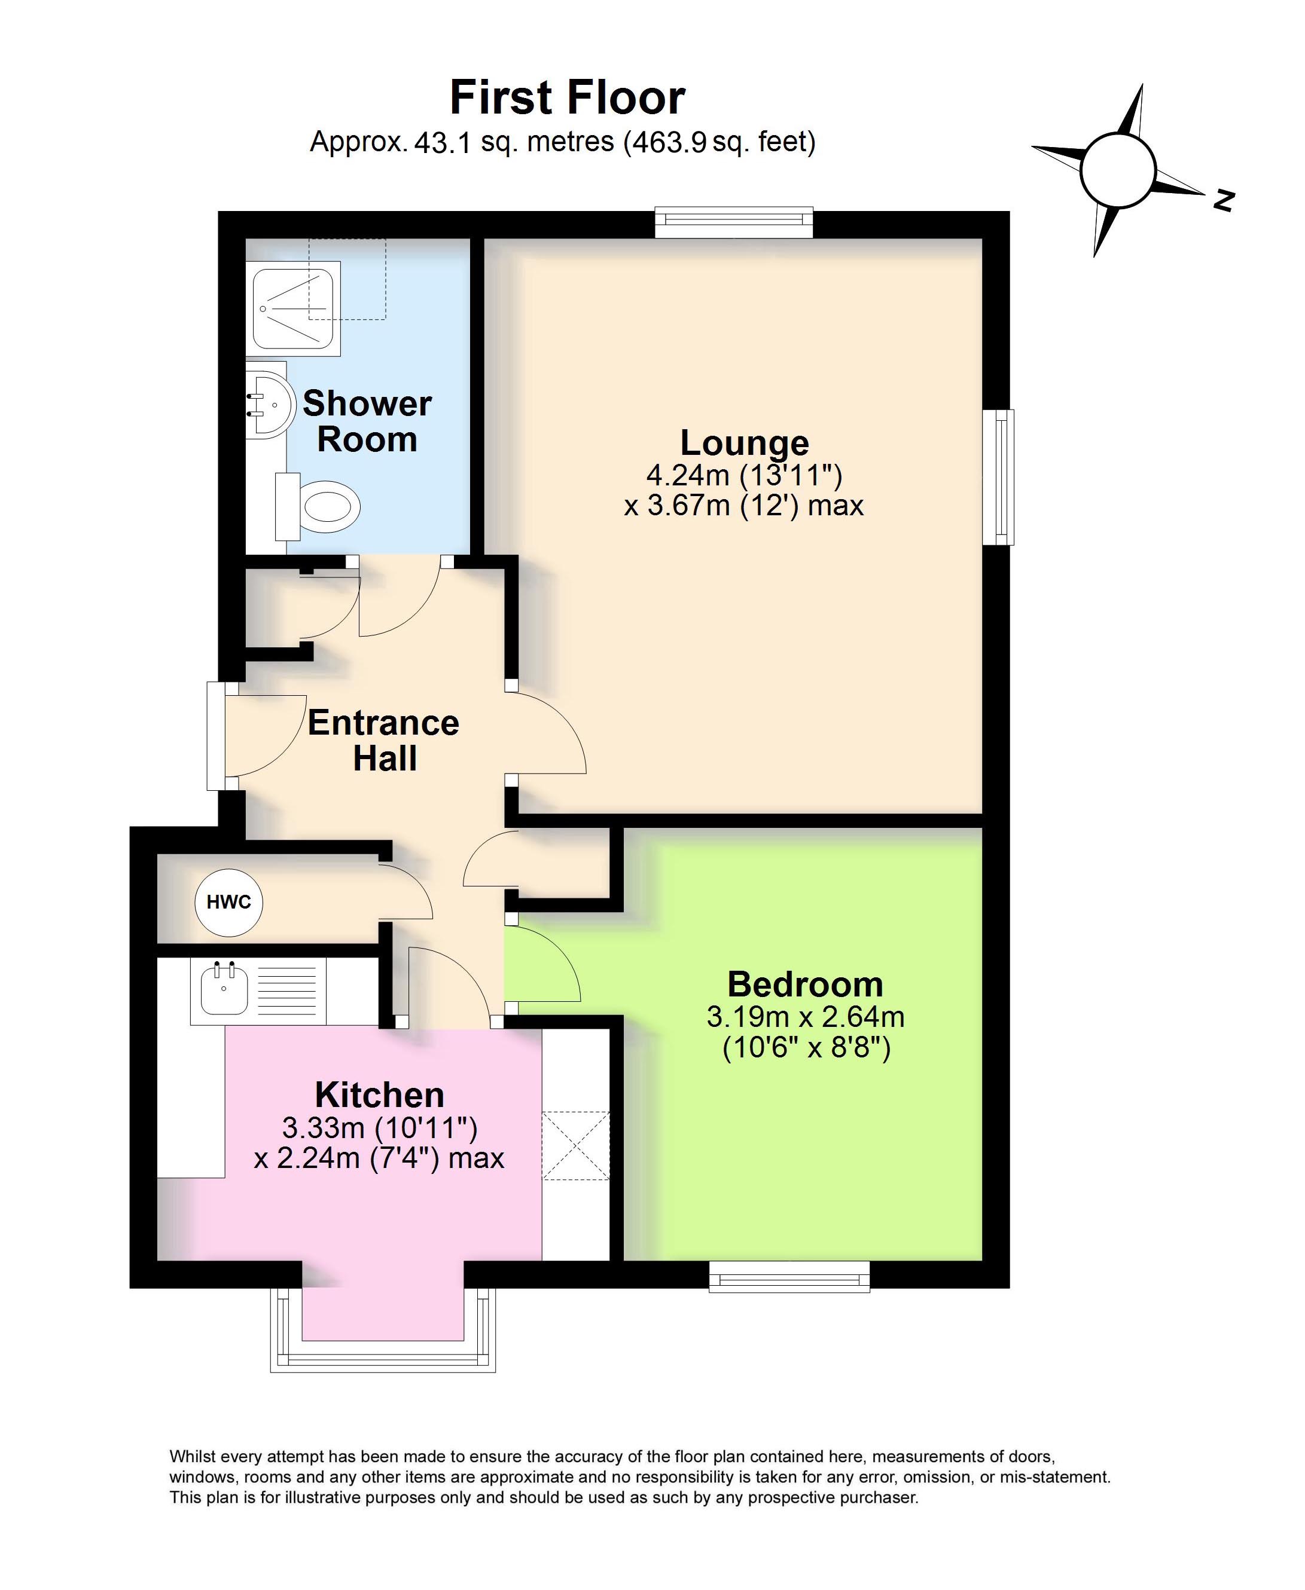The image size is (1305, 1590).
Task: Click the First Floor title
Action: click(567, 97)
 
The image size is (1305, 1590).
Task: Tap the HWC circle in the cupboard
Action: click(228, 902)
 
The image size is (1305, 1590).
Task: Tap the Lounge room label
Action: click(744, 442)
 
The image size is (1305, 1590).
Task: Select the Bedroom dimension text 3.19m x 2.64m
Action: click(805, 1017)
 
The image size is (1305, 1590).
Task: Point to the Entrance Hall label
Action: click(383, 740)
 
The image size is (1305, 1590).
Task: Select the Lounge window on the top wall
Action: click(734, 222)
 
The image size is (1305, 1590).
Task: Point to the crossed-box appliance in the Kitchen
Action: click(576, 1145)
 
